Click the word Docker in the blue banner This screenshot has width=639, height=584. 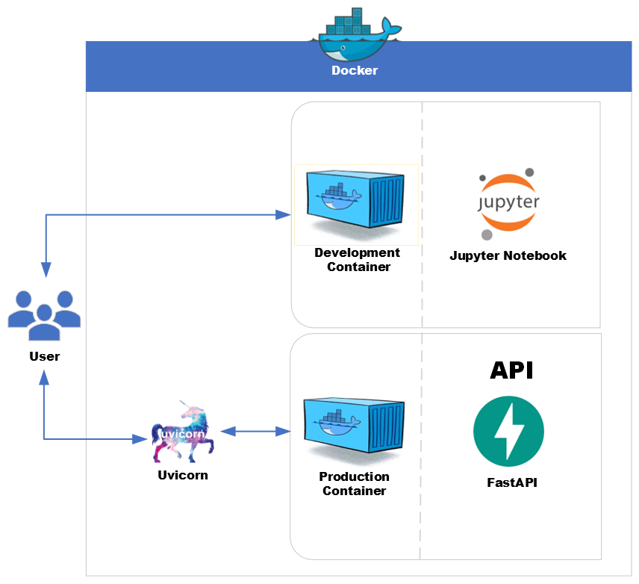pos(355,71)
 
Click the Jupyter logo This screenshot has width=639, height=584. pos(508,203)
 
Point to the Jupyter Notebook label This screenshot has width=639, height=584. pos(508,255)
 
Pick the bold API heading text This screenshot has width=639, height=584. pos(511,370)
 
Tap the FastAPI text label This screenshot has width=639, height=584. pos(511,482)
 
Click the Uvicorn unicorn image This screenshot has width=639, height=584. pos(184,432)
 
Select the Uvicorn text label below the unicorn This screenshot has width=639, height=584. pos(183,475)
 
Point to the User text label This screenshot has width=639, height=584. pos(45,356)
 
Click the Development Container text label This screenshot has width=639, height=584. pos(358,260)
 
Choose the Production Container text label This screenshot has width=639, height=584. pos(355,484)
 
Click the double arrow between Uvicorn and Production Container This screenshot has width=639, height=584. pos(255,432)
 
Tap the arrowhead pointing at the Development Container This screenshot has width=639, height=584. pos(283,215)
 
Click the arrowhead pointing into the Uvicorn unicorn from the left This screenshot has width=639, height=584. pos(139,439)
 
